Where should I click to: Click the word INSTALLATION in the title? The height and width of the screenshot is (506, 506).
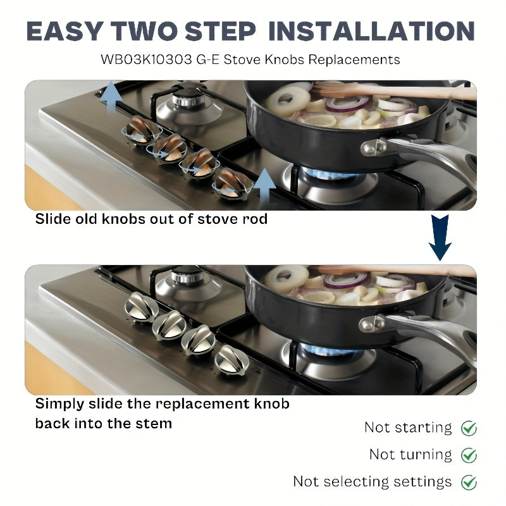(x=371, y=31)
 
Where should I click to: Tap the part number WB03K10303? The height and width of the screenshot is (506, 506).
(x=146, y=59)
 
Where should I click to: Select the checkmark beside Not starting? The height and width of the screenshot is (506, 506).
(x=469, y=428)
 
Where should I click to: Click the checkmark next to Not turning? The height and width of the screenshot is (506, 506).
(x=469, y=455)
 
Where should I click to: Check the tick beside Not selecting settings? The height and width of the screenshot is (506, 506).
(x=469, y=483)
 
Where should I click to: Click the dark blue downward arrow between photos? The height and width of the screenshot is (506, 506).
(x=440, y=238)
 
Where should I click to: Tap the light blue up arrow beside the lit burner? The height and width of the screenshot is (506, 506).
(x=264, y=187)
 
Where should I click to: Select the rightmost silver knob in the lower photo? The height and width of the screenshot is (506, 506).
(x=231, y=360)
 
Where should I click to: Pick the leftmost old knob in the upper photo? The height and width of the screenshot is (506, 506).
(x=142, y=130)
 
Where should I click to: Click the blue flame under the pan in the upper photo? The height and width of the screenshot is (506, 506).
(x=329, y=175)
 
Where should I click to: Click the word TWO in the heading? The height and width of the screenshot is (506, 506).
(x=144, y=31)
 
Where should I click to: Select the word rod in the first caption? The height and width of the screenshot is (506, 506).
(x=255, y=219)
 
